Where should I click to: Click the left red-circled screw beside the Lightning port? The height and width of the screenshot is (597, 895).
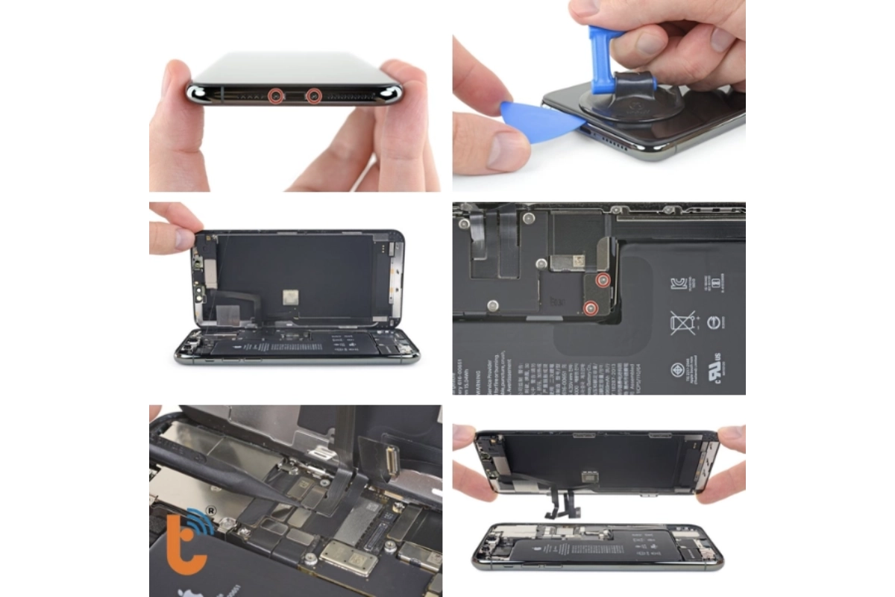[x=276, y=95]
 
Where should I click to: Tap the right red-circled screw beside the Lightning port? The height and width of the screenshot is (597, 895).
[x=314, y=95]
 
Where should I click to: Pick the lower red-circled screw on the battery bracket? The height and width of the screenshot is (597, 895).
[x=591, y=307]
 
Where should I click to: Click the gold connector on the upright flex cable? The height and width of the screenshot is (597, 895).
[x=387, y=451]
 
